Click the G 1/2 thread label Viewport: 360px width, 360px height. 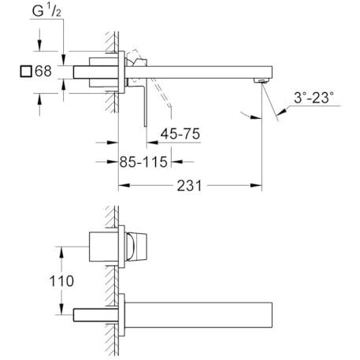[46, 11]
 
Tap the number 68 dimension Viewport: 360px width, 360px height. [43, 71]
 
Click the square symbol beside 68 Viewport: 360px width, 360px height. [26, 71]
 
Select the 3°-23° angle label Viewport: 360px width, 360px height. [314, 98]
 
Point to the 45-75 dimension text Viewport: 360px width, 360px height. [180, 134]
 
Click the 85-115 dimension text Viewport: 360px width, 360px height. [143, 161]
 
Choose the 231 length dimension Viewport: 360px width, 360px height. [189, 186]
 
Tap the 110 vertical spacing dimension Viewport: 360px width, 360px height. [61, 281]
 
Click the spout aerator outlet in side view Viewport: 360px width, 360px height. [261, 81]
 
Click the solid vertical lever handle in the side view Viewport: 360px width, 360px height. [145, 105]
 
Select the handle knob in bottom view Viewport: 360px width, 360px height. [136, 247]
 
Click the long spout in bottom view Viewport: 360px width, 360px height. [199, 315]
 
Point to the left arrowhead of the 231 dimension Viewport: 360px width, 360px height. [124, 185]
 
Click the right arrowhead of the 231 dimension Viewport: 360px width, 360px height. [256, 185]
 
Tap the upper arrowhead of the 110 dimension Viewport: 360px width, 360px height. [61, 252]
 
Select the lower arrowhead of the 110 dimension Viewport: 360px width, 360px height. [61, 309]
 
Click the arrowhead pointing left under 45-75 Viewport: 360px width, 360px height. [152, 143]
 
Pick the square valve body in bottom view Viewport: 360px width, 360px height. [104, 247]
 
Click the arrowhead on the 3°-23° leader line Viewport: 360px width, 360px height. [282, 112]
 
